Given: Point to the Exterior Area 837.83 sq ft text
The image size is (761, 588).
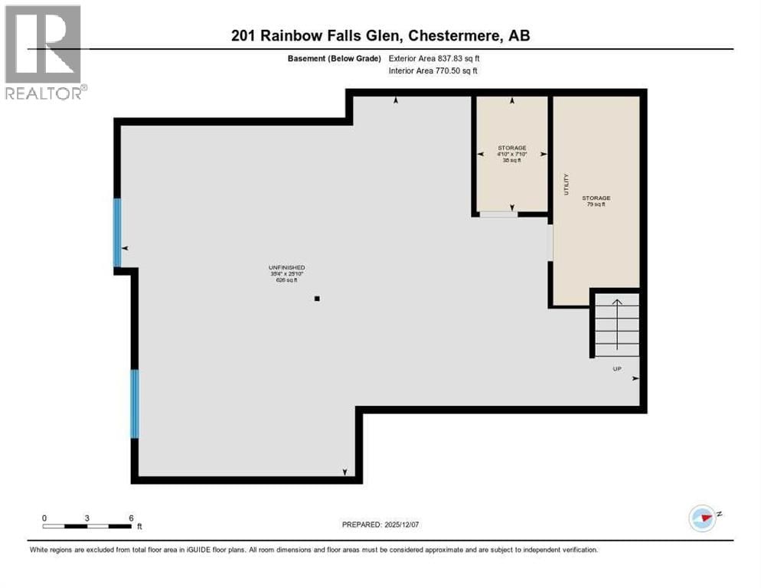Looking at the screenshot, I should pyautogui.click(x=434, y=58).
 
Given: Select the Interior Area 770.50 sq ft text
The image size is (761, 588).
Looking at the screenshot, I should pyautogui.click(x=434, y=71).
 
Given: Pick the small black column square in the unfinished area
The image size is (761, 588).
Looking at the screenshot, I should pyautogui.click(x=317, y=299).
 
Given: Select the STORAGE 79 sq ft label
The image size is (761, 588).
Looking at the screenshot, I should pyautogui.click(x=596, y=201).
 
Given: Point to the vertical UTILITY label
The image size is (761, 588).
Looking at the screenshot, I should pyautogui.click(x=566, y=185).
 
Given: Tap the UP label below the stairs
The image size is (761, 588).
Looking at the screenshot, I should pyautogui.click(x=616, y=369).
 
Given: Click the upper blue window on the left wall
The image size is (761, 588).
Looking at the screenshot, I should pyautogui.click(x=117, y=232).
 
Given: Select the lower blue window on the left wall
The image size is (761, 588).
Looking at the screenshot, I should pyautogui.click(x=135, y=403).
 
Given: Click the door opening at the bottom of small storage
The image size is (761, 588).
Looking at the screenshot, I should pyautogui.click(x=498, y=214).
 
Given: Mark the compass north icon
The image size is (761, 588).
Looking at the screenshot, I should pyautogui.click(x=702, y=518).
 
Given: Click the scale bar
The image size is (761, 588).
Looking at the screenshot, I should pyautogui.click(x=87, y=526).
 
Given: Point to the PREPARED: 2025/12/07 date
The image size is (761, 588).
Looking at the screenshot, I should pyautogui.click(x=380, y=524).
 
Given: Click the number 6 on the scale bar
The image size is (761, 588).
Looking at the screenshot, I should pyautogui.click(x=131, y=518).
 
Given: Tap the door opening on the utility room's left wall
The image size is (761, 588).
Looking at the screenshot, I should pyautogui.click(x=550, y=243).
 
